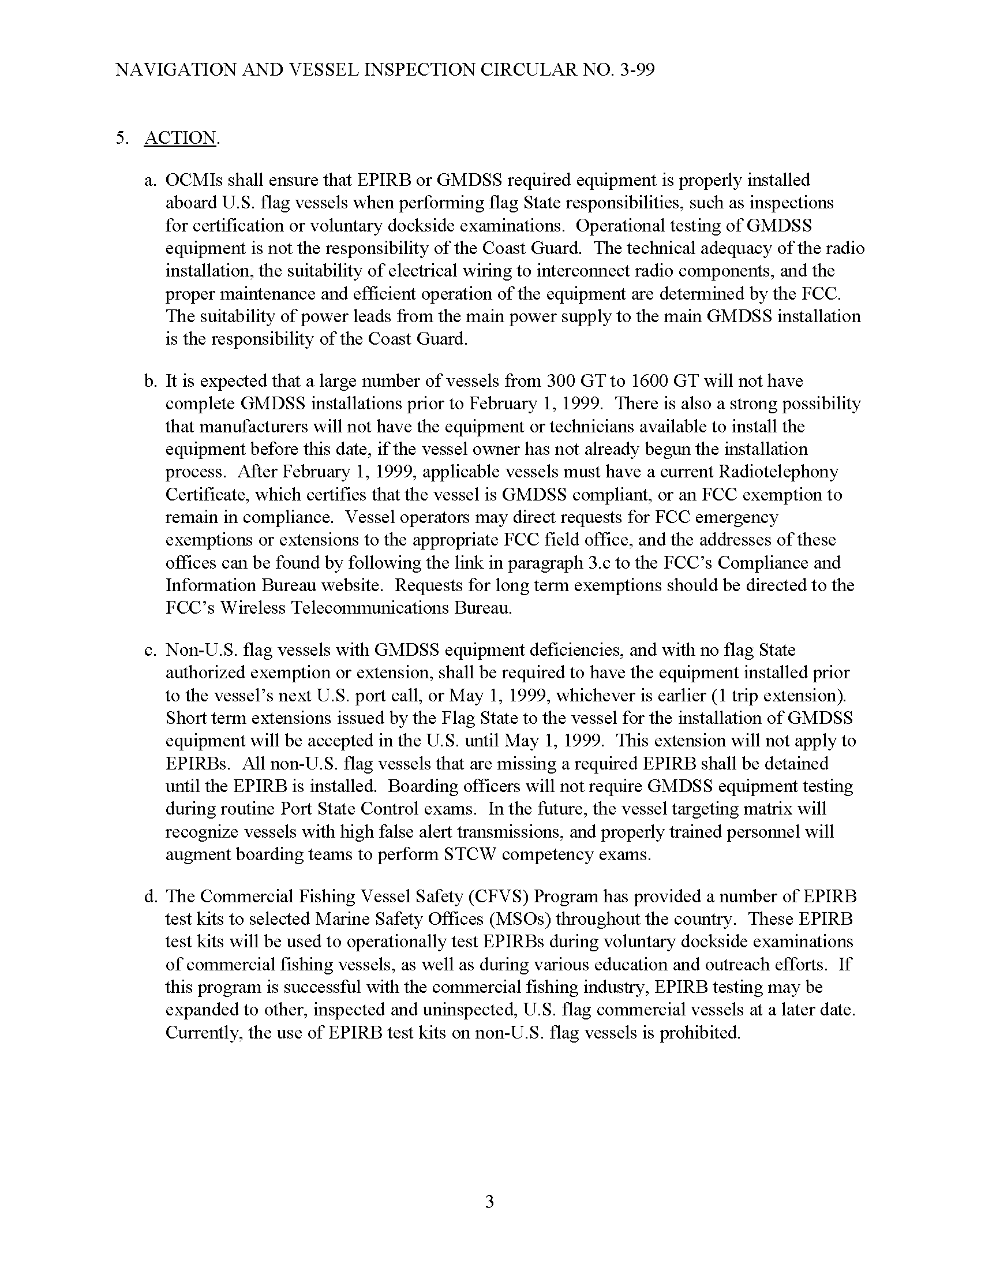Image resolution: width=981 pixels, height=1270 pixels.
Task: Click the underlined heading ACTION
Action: (x=180, y=138)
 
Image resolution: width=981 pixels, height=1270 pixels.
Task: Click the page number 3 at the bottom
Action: (x=489, y=1201)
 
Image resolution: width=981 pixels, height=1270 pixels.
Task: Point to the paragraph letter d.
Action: (x=150, y=896)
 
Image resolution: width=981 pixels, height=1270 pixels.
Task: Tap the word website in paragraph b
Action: (x=347, y=585)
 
